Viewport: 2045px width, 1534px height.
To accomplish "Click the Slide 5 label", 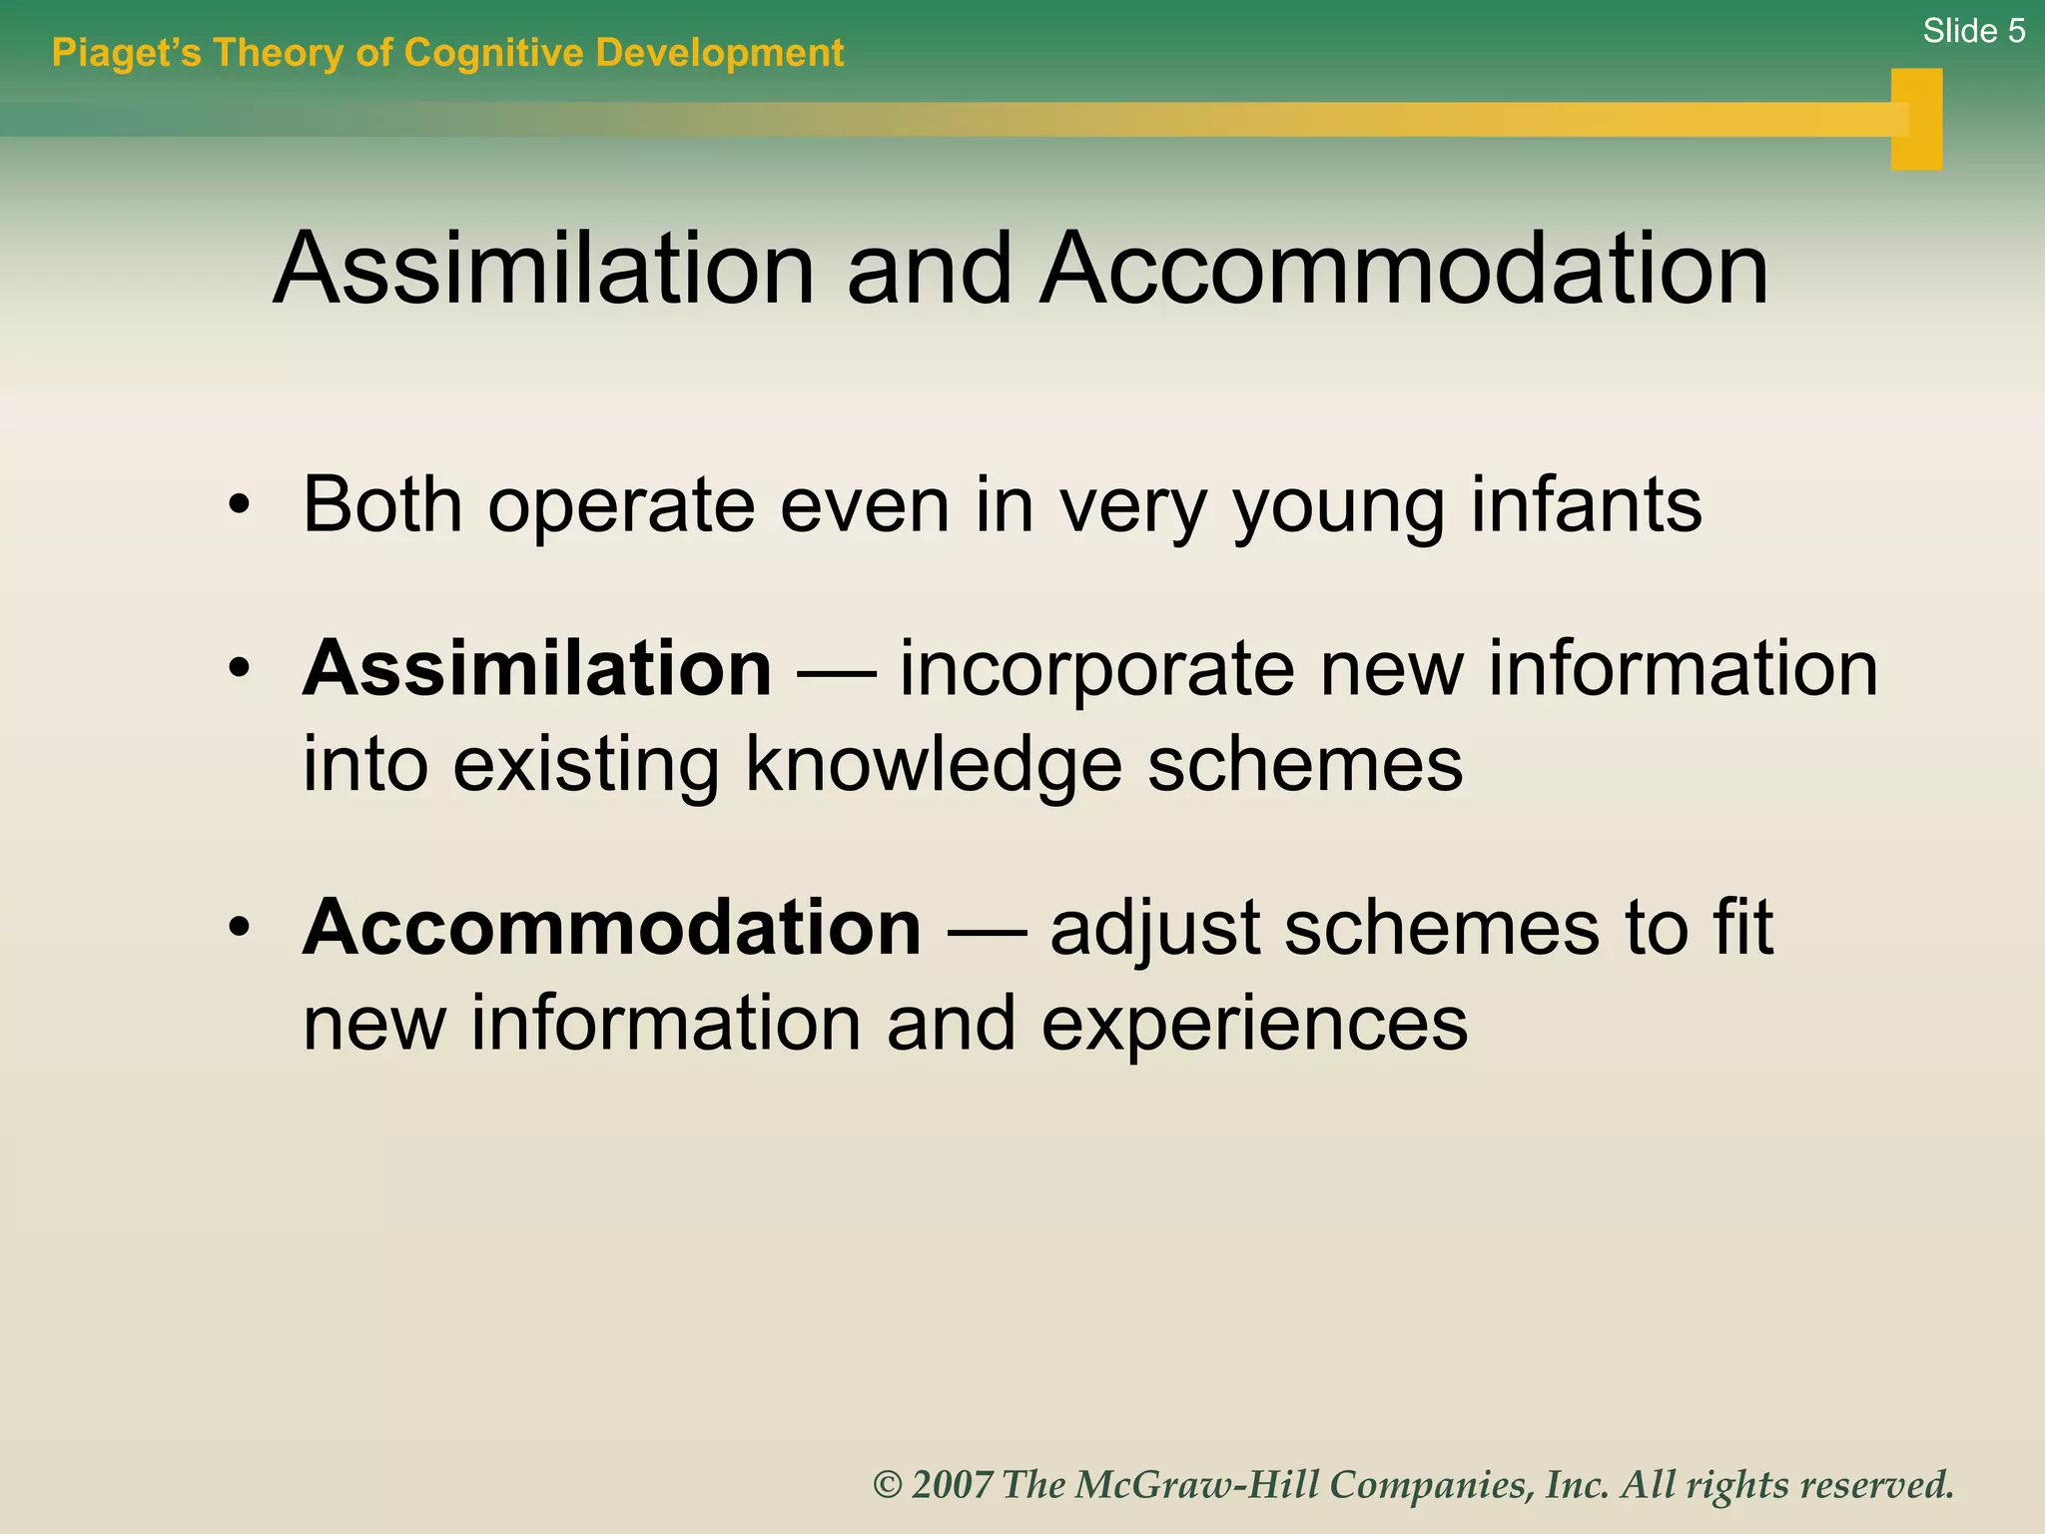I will click(x=1973, y=32).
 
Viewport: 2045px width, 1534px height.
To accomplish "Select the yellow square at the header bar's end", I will click(x=1916, y=120).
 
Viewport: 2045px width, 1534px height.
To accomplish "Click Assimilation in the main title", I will click(x=544, y=270).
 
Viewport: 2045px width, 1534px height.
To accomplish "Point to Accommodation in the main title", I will click(x=1403, y=270).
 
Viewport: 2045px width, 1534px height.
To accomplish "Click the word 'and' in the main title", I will click(x=929, y=270).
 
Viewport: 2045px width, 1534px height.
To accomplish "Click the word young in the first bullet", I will click(x=1338, y=509).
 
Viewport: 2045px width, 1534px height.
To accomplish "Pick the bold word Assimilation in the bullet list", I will click(x=537, y=668).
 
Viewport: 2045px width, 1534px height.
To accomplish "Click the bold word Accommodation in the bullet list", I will click(x=611, y=928).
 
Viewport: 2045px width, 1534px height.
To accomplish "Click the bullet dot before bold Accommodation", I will click(x=238, y=928).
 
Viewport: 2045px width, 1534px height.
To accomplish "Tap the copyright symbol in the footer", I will click(x=888, y=1485).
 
